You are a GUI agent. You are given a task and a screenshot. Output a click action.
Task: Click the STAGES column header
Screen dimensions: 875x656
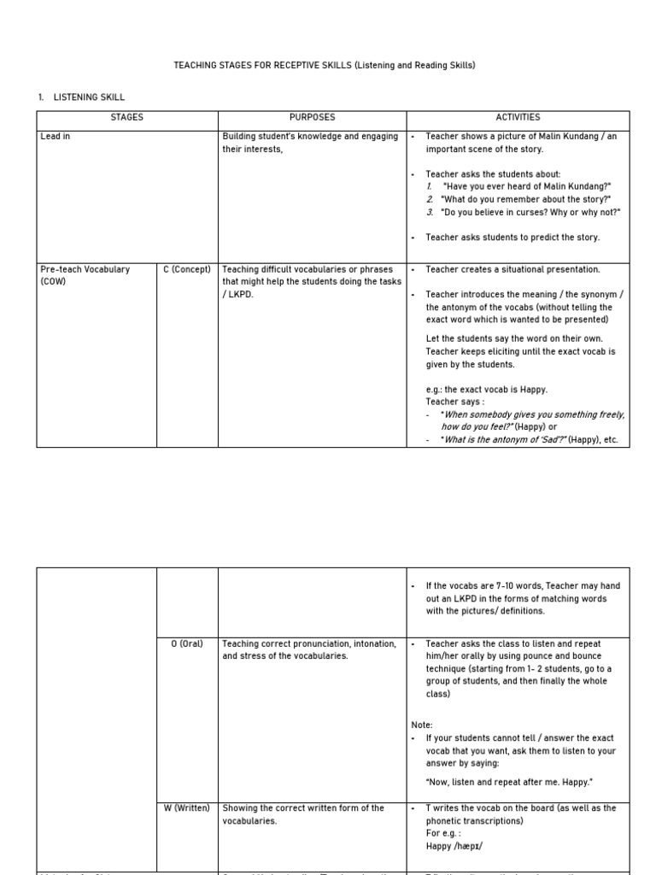tap(126, 117)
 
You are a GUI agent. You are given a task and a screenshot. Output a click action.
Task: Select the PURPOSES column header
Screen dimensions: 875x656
tap(312, 117)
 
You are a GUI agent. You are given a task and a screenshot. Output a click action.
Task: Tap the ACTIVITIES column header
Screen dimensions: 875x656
tap(518, 117)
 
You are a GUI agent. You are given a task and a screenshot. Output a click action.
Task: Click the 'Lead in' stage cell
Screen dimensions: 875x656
tap(56, 137)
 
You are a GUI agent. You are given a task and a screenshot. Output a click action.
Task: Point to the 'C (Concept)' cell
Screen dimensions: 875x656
tap(187, 269)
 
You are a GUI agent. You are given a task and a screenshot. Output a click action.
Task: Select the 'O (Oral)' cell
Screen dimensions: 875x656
tap(187, 643)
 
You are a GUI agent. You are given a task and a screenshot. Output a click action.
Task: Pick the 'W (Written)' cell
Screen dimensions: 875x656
tap(187, 807)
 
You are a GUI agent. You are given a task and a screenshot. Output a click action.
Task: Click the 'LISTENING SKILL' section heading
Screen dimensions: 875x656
tap(89, 97)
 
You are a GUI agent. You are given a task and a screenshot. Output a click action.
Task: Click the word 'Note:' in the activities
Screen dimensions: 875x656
tap(422, 725)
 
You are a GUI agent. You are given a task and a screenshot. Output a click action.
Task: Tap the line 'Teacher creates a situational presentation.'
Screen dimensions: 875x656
tap(512, 269)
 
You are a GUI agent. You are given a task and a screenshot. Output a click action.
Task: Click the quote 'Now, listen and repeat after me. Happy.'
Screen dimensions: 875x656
tap(509, 782)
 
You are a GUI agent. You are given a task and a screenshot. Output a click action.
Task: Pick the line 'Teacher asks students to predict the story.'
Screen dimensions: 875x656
tap(512, 238)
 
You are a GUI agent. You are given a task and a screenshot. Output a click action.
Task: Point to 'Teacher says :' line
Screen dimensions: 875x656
tap(455, 402)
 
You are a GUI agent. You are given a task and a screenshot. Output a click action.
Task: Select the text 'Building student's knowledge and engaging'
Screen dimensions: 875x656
tap(310, 137)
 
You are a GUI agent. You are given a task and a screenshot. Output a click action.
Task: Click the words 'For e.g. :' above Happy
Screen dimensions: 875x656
tap(444, 833)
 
